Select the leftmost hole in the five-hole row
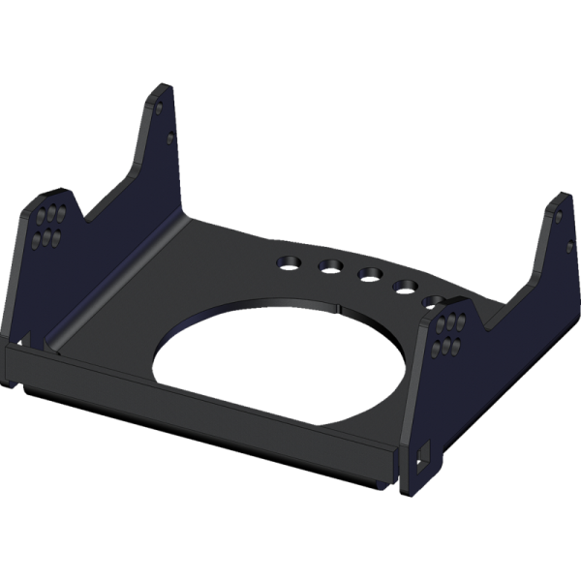click(x=288, y=261)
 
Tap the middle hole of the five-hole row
click(x=369, y=275)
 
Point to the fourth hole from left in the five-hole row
click(x=405, y=286)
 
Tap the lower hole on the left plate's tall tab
click(x=170, y=138)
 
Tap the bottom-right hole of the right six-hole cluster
click(x=457, y=347)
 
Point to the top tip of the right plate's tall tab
click(x=557, y=196)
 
